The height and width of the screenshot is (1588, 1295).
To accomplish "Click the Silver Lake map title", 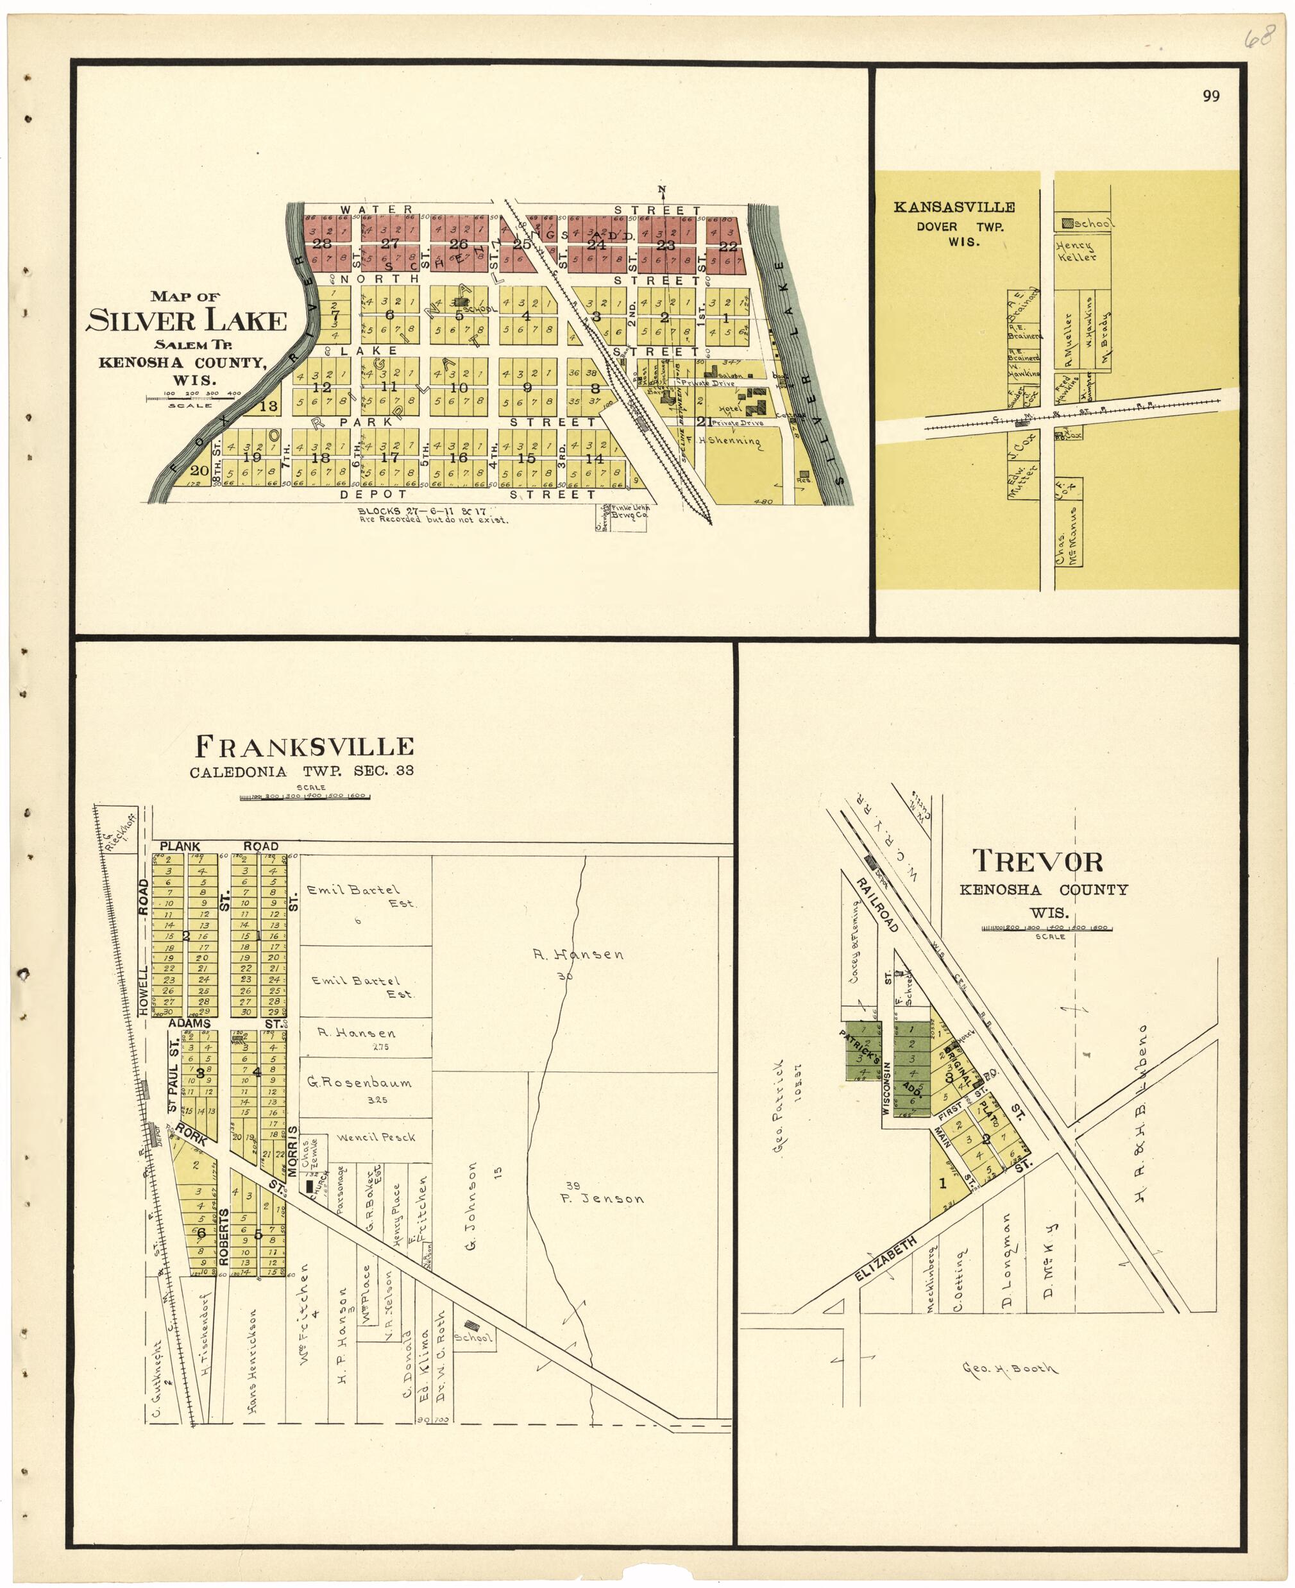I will click(x=187, y=321).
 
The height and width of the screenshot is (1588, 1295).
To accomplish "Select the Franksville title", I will click(x=305, y=746).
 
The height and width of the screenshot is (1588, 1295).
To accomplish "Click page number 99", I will click(x=1211, y=96).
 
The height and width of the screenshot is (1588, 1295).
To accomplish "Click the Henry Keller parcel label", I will click(x=1075, y=252).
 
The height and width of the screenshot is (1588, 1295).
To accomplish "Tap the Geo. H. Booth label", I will click(x=1010, y=1369).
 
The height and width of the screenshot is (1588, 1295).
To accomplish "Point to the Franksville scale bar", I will click(x=305, y=797).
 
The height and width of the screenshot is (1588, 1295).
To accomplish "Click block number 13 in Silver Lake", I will click(x=269, y=407).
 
